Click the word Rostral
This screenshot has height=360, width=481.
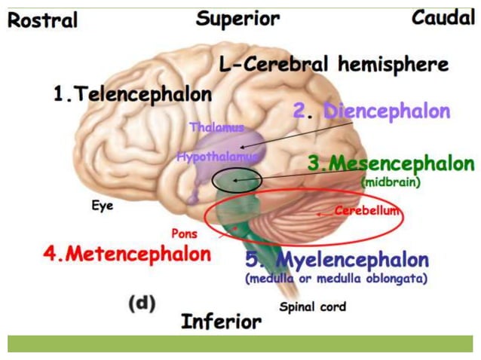pos(43,20)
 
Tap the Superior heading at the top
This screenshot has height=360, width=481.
pos(237,18)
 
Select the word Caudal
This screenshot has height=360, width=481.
pos(443,17)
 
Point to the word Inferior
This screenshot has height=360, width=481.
pos(221,322)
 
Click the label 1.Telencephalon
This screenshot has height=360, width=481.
pos(132,95)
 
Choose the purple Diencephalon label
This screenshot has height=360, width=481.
pos(371,111)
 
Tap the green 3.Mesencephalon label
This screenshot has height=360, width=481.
pos(391,163)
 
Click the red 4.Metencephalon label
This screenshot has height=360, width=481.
pos(127,254)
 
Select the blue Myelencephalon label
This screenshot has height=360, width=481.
pos(337,261)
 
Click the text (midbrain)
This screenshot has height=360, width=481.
pos(390,182)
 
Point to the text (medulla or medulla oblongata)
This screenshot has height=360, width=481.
pos(336,279)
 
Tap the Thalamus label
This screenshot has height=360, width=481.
pos(216,127)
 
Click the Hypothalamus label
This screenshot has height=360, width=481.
pos(217,157)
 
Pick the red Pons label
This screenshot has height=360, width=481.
pos(184,233)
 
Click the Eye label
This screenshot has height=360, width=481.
pos(103,205)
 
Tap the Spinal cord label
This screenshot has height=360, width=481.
pos(312,307)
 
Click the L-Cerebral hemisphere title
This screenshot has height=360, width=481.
pos(333,65)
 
